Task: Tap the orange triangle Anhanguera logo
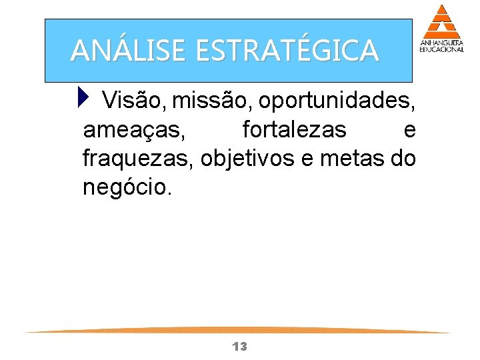(x=441, y=21)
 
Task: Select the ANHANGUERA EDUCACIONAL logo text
(x=441, y=46)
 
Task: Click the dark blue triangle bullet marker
(x=82, y=100)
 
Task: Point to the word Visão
(x=134, y=101)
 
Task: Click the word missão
(x=211, y=101)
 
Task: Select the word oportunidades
(x=337, y=101)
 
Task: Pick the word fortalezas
(x=294, y=129)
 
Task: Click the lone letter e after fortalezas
(x=410, y=130)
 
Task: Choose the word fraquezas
(x=137, y=159)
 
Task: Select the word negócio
(x=127, y=187)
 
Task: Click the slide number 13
(x=239, y=346)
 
